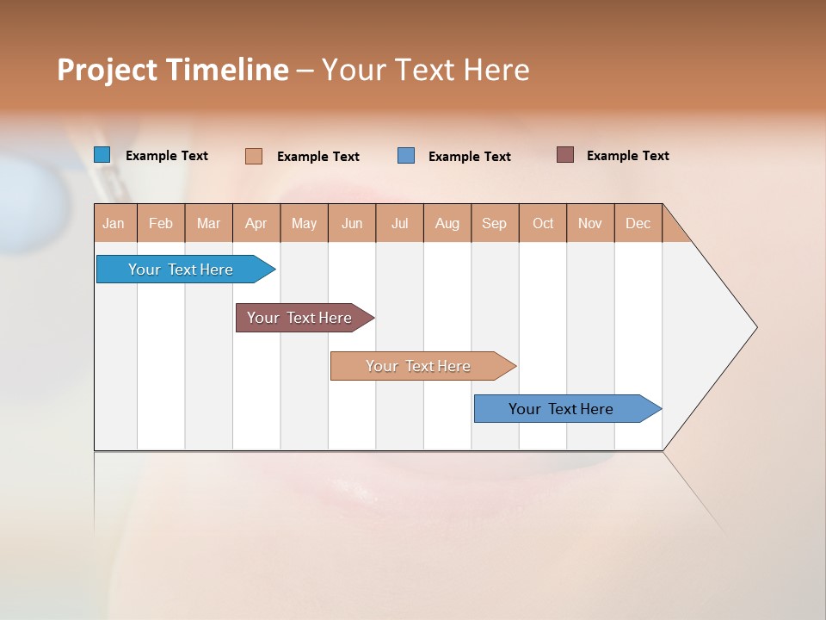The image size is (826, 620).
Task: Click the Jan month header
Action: tap(114, 223)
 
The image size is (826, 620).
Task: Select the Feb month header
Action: tap(161, 223)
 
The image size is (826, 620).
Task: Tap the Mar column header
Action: tap(208, 223)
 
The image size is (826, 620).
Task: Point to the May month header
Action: tap(304, 223)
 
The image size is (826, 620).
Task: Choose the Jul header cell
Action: tap(399, 223)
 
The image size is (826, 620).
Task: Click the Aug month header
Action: tap(447, 223)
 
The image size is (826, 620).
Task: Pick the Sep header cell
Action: tap(495, 223)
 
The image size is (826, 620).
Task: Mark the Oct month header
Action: tap(543, 223)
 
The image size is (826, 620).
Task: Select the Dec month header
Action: tap(638, 223)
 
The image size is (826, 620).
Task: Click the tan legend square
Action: tap(254, 156)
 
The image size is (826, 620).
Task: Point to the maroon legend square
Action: tap(565, 155)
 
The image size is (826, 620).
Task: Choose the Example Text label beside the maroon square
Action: tap(627, 156)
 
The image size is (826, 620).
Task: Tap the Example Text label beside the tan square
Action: tap(317, 157)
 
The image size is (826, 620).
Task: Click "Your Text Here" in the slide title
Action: tap(425, 70)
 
